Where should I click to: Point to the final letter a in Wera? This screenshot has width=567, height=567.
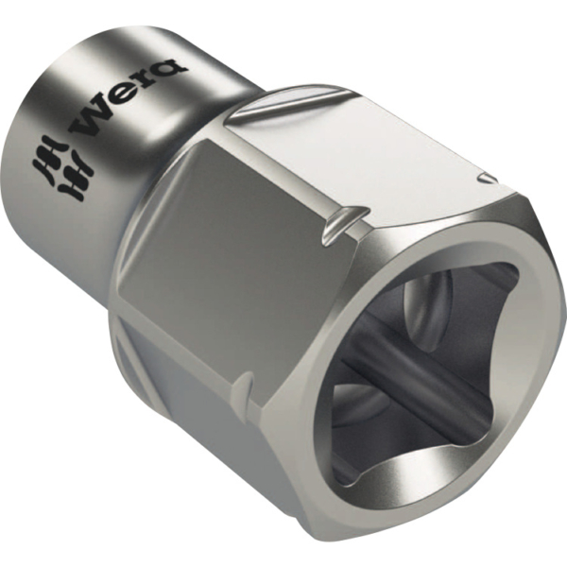click(x=173, y=69)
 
